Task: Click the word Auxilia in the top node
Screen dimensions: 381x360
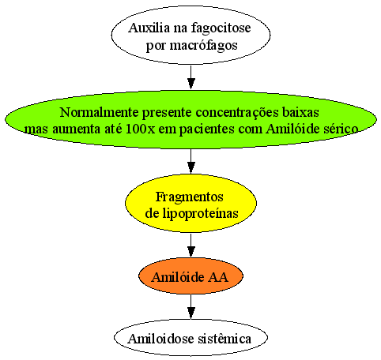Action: (149, 28)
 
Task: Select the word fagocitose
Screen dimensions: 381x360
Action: (221, 28)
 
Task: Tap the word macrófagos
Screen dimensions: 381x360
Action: (203, 45)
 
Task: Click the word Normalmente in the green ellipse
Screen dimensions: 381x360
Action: (99, 112)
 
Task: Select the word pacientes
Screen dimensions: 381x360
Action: (207, 129)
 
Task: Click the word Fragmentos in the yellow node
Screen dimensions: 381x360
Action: (190, 197)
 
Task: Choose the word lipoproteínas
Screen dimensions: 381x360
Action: (200, 213)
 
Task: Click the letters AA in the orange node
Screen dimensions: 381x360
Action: (218, 277)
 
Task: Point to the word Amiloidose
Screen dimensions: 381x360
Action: (160, 339)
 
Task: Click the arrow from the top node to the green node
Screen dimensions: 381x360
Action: (190, 77)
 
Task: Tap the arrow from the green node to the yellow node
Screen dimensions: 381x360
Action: (190, 161)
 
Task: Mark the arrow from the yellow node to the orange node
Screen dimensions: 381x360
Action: (190, 246)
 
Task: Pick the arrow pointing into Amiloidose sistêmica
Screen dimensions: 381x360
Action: (190, 306)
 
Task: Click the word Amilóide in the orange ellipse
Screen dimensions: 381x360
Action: (178, 277)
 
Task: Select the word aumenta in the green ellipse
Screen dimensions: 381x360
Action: (76, 129)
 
